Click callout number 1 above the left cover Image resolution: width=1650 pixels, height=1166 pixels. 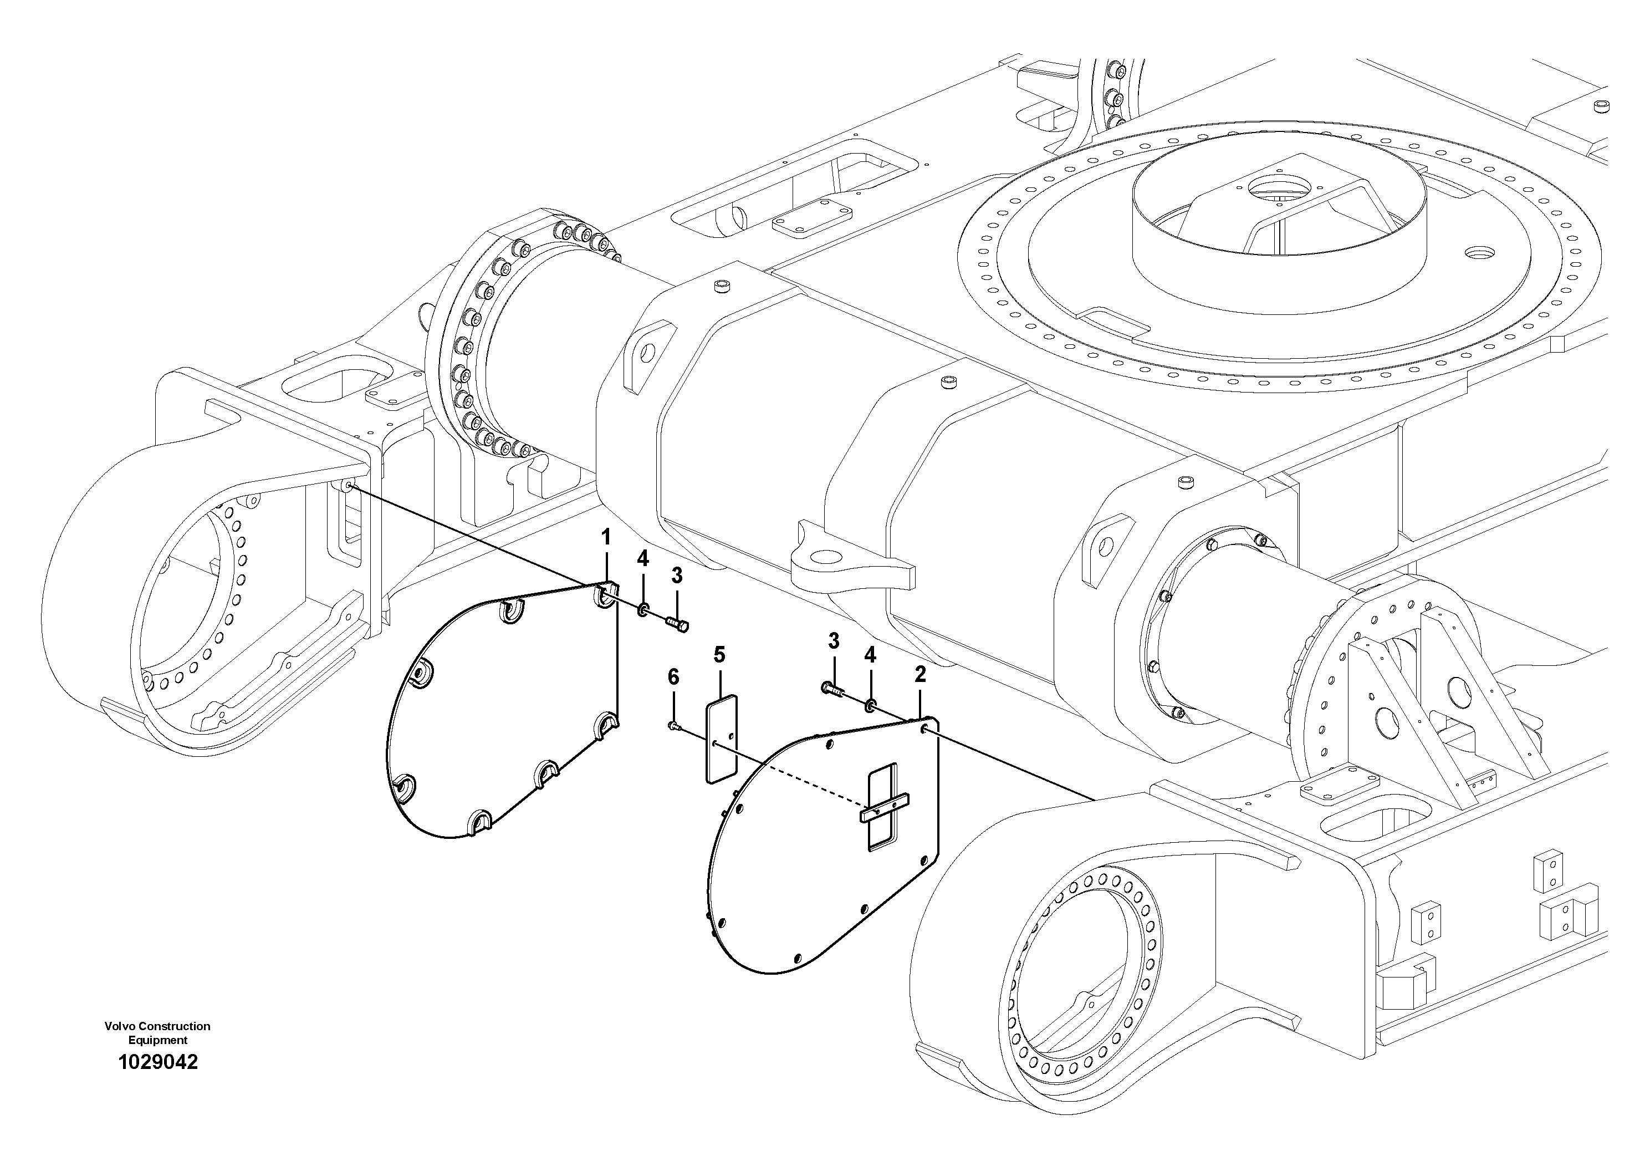pos(606,537)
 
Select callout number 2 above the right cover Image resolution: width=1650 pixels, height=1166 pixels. pos(920,674)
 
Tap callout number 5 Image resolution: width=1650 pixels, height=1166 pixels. pos(719,655)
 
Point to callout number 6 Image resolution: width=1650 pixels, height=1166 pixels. pos(673,676)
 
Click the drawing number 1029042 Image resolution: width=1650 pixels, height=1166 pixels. pos(157,1062)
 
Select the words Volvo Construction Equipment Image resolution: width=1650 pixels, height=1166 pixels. pos(157,1033)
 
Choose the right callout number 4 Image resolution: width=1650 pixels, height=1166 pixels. pos(870,655)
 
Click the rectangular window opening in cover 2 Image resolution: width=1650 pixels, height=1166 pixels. pos(883,808)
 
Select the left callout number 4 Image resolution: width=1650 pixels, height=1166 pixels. pos(642,558)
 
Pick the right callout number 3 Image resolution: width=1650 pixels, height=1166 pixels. pos(834,640)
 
